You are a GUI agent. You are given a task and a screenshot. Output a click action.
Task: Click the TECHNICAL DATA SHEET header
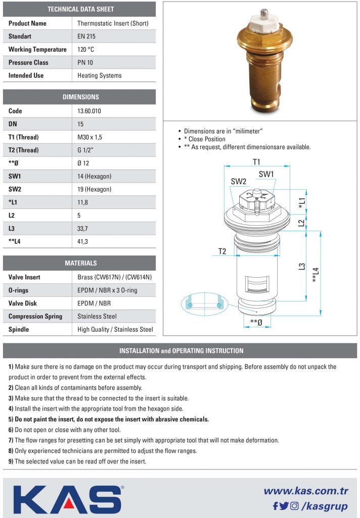point(80,9)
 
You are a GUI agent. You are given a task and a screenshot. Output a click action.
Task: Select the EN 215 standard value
point(86,36)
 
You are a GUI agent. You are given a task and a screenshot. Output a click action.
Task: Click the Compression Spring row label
point(35,317)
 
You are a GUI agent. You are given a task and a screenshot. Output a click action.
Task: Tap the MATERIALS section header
point(80,263)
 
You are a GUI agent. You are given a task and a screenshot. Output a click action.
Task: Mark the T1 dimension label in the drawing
point(256,162)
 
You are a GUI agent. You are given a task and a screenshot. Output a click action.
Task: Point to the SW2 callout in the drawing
point(238,181)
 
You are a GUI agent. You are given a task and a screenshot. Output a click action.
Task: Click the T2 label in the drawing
point(222,251)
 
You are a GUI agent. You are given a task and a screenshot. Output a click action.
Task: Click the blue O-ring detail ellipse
point(204,304)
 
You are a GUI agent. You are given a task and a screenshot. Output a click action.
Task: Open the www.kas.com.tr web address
point(306,491)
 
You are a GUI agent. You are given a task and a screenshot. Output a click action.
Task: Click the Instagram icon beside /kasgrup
point(294,505)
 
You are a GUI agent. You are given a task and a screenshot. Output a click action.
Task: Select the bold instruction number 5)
point(11,419)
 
